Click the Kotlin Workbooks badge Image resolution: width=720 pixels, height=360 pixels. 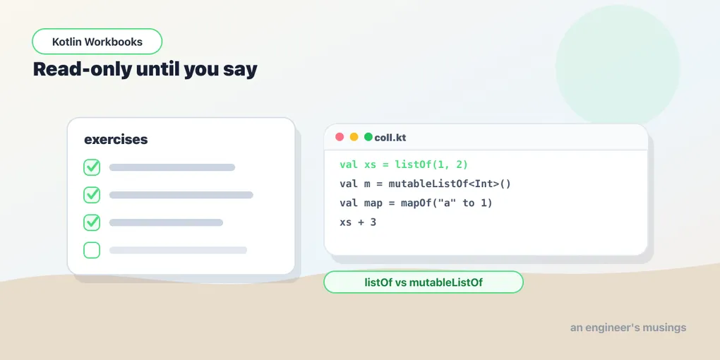pos(97,42)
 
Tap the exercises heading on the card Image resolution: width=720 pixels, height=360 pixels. pos(116,140)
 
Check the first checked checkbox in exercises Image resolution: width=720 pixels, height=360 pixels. pos(92,167)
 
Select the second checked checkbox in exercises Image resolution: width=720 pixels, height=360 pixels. pos(92,195)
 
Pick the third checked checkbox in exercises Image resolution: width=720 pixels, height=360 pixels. pos(92,222)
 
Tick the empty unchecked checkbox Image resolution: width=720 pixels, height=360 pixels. pos(92,251)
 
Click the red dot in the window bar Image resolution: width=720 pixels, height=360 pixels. pos(340,137)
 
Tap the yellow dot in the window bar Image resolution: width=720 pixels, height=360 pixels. pos(354,137)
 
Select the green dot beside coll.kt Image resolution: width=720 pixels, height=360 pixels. pos(368,137)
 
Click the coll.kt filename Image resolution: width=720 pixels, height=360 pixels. pos(390,138)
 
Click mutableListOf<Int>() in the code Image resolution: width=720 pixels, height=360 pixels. pos(450,184)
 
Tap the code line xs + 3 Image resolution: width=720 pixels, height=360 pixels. pos(358,222)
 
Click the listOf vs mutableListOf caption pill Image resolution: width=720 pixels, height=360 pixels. pos(424,282)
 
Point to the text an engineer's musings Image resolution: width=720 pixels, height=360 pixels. pos(628,328)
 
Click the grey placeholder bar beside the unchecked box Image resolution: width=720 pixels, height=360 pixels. pos(178,251)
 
